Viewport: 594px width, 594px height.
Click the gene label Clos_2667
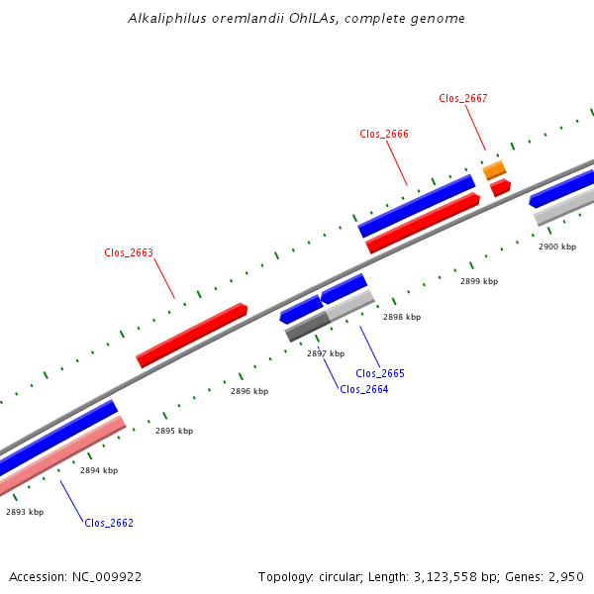[463, 98]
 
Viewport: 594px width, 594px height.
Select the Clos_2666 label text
[384, 134]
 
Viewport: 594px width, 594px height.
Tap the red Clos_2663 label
[129, 252]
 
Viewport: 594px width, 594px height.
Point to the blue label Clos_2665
[380, 373]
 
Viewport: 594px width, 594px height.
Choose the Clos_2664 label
[364, 389]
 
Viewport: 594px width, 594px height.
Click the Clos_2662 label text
[109, 523]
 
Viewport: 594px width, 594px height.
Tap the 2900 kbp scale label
[557, 247]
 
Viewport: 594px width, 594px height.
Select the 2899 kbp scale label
[479, 281]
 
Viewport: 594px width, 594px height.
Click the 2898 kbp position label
[402, 317]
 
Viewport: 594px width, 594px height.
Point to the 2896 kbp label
[249, 391]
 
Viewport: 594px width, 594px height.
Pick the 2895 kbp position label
[174, 431]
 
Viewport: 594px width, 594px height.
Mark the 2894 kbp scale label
[99, 470]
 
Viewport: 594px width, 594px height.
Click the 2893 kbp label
[25, 512]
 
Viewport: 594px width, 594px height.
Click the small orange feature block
[494, 170]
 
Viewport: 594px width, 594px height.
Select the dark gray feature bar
[308, 326]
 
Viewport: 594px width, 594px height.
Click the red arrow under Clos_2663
[192, 336]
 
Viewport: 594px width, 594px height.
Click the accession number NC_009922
[107, 577]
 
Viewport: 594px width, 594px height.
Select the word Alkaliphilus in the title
[167, 18]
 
